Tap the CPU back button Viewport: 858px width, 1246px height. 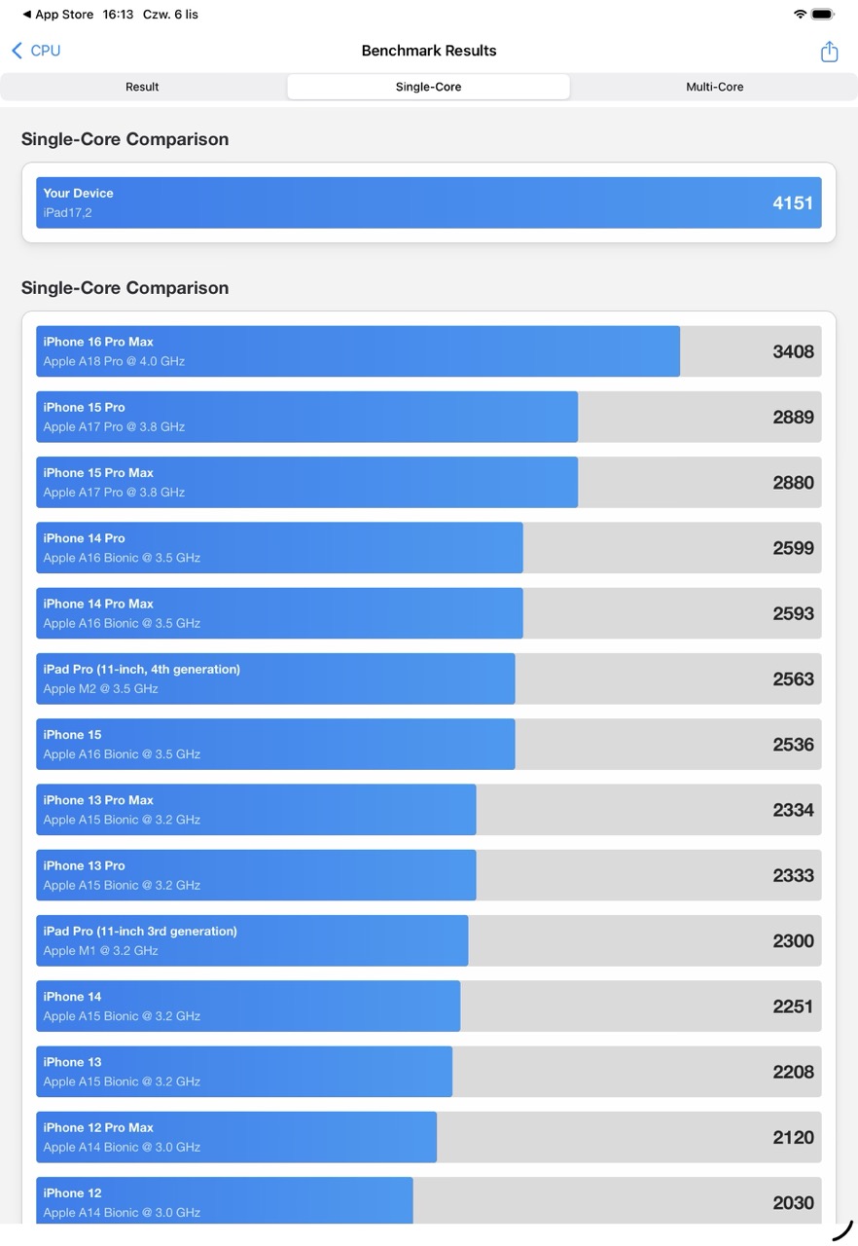(x=36, y=51)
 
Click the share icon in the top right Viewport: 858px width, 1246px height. (x=829, y=52)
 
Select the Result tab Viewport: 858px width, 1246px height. (x=142, y=87)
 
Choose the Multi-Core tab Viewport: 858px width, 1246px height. (x=714, y=87)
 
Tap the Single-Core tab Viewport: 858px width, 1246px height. (x=428, y=87)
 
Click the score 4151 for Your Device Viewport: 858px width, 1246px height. (x=793, y=202)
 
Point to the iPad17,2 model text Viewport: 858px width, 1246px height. (x=67, y=213)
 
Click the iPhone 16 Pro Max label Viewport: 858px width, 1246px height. (x=98, y=342)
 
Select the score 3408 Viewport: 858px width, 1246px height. (x=793, y=351)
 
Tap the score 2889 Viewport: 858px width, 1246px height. (x=793, y=417)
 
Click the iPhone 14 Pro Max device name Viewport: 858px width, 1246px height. (x=98, y=604)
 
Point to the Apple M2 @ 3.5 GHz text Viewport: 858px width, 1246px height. (x=100, y=689)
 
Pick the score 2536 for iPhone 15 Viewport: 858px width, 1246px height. (x=793, y=745)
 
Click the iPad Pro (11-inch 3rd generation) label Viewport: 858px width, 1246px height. (x=140, y=932)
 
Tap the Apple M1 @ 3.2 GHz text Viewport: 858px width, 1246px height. (x=100, y=951)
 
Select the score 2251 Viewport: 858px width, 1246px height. (x=793, y=1007)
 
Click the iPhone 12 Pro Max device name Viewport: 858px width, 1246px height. (x=98, y=1127)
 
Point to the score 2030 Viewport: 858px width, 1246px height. (x=793, y=1203)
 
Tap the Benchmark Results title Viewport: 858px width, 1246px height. (x=429, y=51)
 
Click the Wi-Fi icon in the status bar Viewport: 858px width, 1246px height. (x=800, y=15)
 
